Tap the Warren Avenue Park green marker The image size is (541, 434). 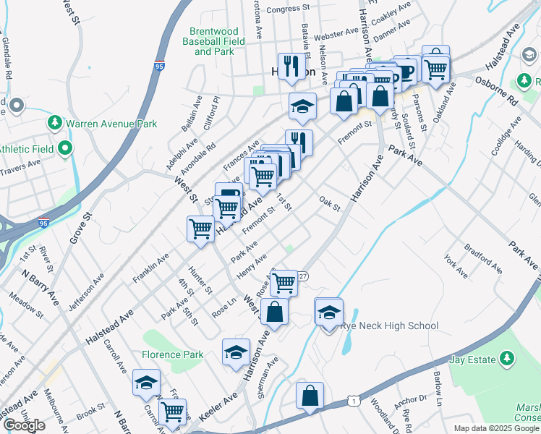(54, 123)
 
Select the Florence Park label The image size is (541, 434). (172, 354)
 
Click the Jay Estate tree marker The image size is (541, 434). (507, 359)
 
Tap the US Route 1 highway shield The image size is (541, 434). (352, 399)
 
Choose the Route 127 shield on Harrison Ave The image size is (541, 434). (303, 276)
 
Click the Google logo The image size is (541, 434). (24, 425)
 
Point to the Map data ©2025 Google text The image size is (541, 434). (497, 428)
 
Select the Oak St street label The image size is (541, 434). (329, 202)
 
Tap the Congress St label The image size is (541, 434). (287, 9)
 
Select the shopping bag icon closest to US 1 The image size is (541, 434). (310, 396)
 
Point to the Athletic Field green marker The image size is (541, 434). (65, 150)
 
